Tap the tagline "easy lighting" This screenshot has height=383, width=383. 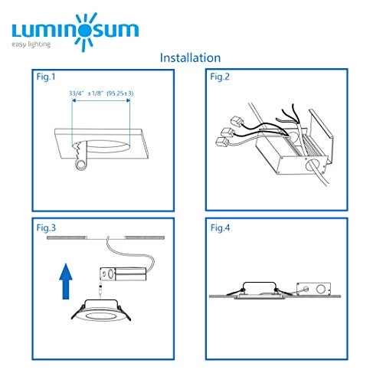[31, 44]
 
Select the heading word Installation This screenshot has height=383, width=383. [190, 57]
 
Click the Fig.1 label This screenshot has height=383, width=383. [46, 77]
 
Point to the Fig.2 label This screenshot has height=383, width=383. [220, 77]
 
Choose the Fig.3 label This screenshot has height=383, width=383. [46, 228]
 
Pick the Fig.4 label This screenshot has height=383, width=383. [220, 228]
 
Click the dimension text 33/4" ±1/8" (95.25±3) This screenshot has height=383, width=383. [101, 93]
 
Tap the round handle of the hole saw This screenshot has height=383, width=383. [81, 165]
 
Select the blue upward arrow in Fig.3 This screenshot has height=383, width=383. [66, 281]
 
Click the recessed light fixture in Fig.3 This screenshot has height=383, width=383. [101, 311]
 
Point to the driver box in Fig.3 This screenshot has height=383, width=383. [123, 274]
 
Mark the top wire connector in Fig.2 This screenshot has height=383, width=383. [237, 122]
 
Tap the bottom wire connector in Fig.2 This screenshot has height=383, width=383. [221, 142]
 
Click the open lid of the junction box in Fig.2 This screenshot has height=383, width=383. [321, 133]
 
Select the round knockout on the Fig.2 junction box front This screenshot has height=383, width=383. [311, 165]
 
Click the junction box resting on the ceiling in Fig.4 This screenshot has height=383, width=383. [313, 289]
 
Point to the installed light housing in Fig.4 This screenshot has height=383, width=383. [260, 290]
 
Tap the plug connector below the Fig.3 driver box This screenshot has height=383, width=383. [100, 290]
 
